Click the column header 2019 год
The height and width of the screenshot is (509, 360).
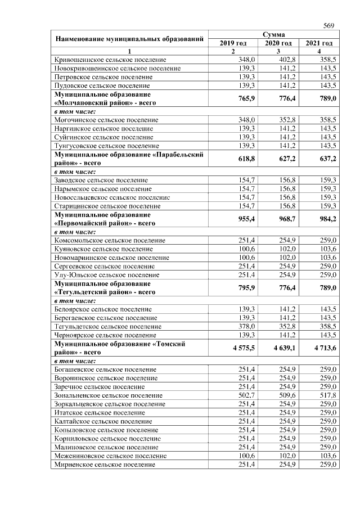tap(233, 43)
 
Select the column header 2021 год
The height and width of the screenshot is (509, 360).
tap(319, 43)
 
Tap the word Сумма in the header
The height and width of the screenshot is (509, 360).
tap(276, 35)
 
